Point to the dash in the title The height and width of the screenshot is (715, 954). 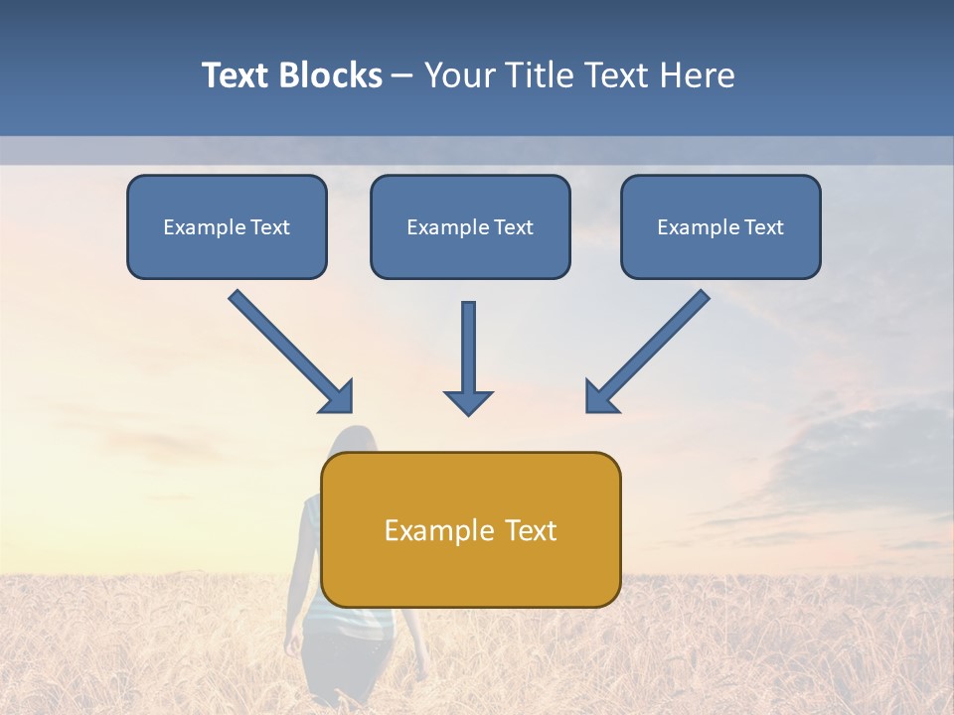click(402, 77)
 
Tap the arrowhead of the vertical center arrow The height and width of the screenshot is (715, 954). click(468, 401)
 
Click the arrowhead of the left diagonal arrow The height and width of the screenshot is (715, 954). click(338, 397)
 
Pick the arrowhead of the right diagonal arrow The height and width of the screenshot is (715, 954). click(600, 397)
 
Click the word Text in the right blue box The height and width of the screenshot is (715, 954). click(763, 227)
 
